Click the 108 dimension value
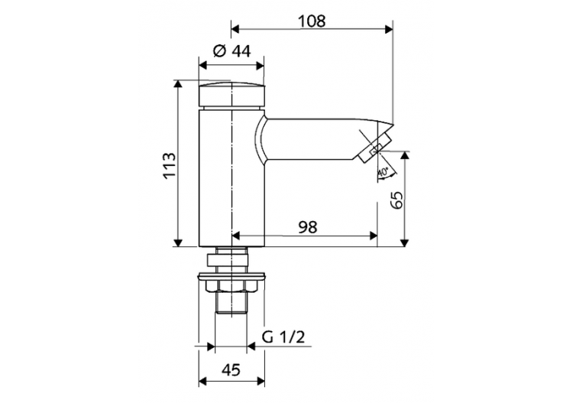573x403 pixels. (312, 21)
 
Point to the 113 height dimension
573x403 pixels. (170, 166)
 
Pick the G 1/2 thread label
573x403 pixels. (284, 337)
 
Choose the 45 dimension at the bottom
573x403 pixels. (231, 369)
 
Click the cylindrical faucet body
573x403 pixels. (231, 176)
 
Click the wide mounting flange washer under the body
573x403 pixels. (231, 275)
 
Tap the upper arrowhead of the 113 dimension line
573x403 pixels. (178, 83)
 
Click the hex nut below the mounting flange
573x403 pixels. (231, 287)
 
